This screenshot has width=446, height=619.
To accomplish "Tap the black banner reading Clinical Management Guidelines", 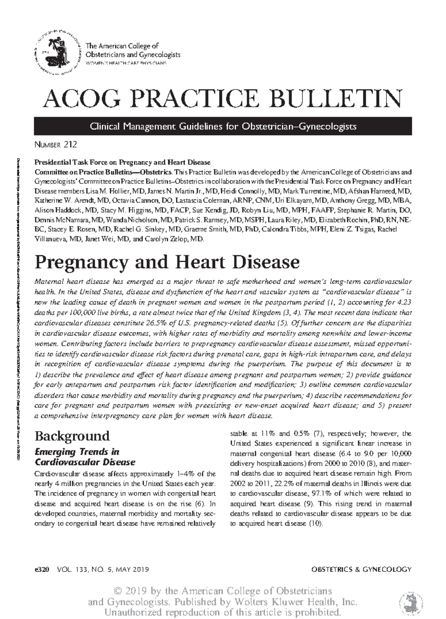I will click(x=223, y=126).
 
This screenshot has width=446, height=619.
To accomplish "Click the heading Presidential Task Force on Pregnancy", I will click(x=122, y=162).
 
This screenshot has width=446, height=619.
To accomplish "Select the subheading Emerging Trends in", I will click(x=77, y=452).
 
